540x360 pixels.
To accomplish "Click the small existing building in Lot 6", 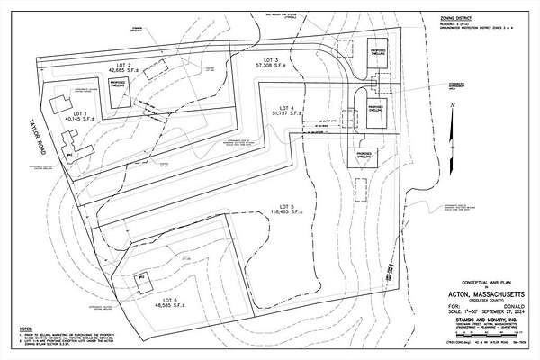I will click(141, 280).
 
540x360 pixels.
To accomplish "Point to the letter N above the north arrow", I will click(456, 105).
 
